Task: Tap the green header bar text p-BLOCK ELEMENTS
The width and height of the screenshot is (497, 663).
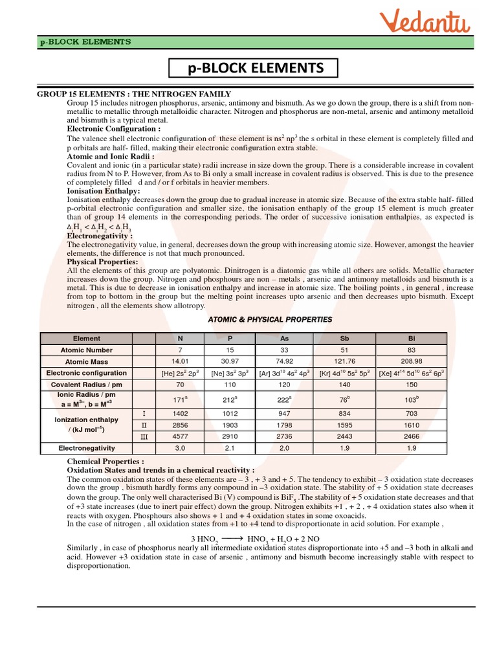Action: pos(85,42)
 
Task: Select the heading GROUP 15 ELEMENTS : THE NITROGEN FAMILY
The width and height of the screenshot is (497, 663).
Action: pos(134,95)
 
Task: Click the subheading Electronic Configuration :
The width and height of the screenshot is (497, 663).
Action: pos(114,129)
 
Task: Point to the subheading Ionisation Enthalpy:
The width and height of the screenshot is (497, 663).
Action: pos(104,192)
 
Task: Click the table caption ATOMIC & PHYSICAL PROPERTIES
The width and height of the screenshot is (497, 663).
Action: pos(270,320)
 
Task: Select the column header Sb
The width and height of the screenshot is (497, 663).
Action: pos(344,338)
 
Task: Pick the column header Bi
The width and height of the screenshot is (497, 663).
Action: pos(412,338)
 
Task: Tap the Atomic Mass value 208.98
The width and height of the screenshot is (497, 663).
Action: pos(412,361)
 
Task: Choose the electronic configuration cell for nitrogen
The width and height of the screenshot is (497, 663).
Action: pos(181,374)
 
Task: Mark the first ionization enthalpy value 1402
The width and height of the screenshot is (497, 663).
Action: pos(181,413)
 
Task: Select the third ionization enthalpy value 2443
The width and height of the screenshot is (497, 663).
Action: pos(344,437)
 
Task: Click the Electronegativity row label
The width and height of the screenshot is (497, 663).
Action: pos(87,447)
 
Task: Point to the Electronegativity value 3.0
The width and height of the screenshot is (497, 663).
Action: pos(181,448)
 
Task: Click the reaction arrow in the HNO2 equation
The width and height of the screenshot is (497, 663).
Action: pos(231,539)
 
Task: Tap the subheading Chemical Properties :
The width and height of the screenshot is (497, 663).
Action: pos(106,461)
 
